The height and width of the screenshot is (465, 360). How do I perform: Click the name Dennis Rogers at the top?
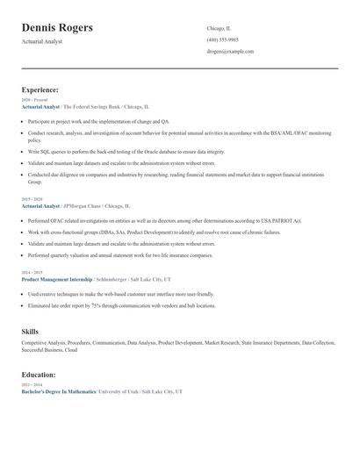point(69,29)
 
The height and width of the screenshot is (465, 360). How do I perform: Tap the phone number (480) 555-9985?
point(222,40)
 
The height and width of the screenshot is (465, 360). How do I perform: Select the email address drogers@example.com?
point(230,52)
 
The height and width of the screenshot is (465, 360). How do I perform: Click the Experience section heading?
point(40,89)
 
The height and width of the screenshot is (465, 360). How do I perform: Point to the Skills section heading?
point(30,331)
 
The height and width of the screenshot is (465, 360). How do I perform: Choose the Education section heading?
point(40,375)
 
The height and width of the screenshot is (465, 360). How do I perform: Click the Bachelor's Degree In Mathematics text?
point(58,391)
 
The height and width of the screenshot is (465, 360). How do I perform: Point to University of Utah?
point(120,391)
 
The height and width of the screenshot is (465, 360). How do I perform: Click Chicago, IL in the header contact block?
point(220,29)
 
